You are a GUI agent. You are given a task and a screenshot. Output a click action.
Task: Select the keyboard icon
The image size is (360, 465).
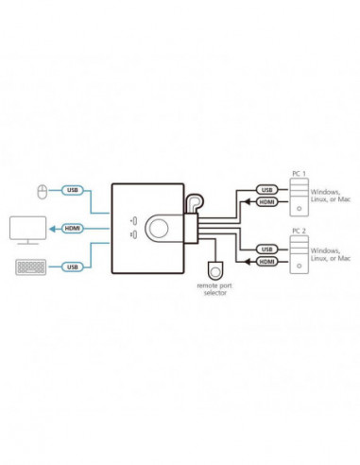pos(27,267)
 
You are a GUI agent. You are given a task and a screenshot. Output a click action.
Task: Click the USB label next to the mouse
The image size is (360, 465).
pos(72,189)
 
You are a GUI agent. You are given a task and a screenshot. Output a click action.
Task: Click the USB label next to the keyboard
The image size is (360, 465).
pos(72,267)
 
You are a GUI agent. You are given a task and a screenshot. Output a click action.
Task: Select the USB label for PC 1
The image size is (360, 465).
pos(266,189)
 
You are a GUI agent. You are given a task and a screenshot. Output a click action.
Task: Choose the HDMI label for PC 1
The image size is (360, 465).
pos(267,201)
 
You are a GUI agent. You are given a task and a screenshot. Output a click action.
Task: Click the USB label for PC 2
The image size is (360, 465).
pos(266,248)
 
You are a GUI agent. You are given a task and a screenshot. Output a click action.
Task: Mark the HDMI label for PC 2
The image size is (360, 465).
pos(267,260)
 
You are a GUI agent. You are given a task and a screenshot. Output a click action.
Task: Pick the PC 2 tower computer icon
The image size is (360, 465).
pos(297,254)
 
